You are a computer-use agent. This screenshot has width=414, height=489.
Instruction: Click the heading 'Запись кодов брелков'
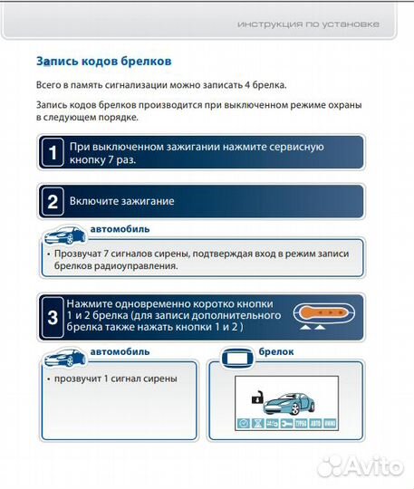(104, 62)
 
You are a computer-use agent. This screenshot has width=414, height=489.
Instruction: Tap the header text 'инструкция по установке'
(308, 24)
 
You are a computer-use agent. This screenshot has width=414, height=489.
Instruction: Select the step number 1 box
(53, 153)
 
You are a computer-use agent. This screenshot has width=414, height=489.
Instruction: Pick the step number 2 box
(53, 201)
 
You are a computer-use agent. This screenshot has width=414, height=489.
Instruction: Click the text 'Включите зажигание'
(121, 201)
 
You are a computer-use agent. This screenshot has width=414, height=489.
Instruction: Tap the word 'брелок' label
(276, 351)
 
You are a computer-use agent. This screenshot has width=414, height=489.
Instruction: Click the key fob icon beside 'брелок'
(236, 353)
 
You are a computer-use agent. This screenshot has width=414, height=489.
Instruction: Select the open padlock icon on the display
(257, 398)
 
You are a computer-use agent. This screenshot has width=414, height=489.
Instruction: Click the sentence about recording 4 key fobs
(161, 85)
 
